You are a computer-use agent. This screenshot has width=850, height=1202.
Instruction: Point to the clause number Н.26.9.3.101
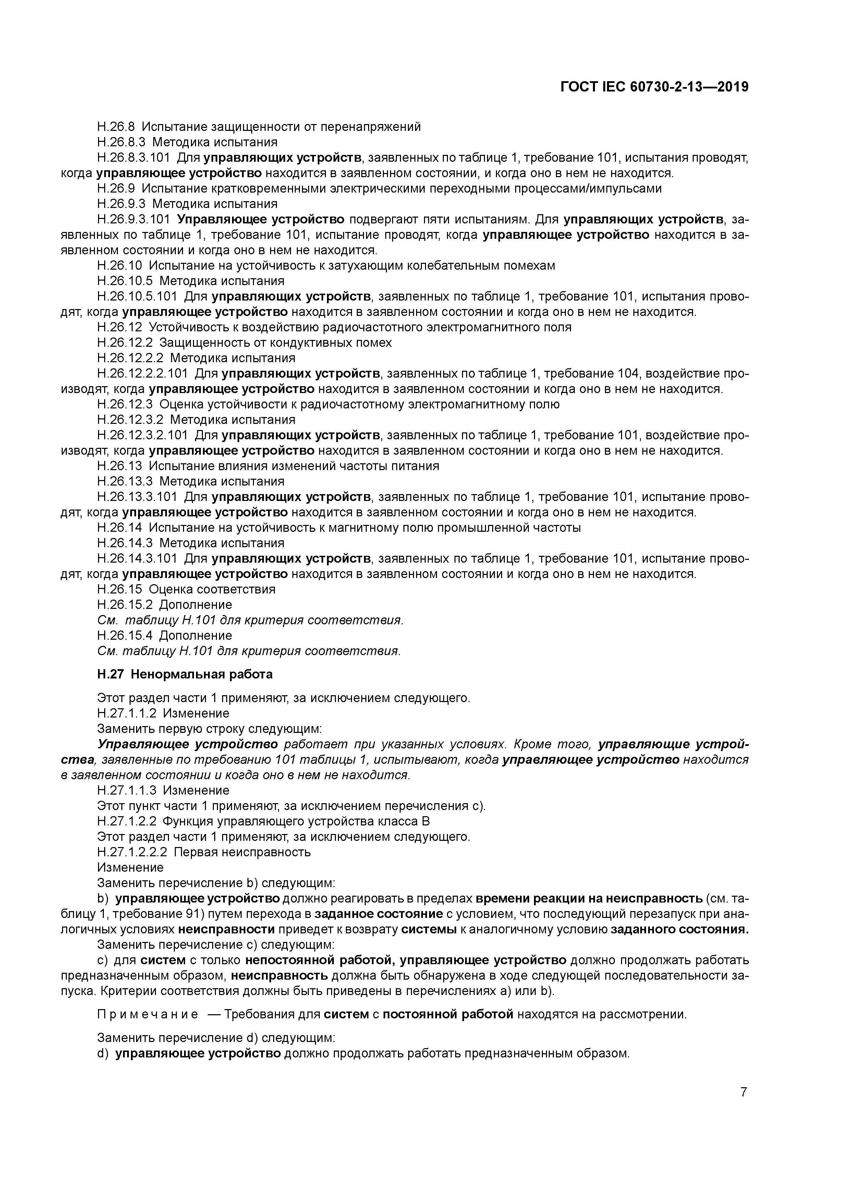coord(134,219)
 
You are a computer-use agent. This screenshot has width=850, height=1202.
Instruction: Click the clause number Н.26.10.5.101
coord(137,296)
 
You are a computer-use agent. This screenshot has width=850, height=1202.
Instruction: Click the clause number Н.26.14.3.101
coord(137,559)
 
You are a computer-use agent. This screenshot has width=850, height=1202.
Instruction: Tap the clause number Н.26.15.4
coord(125,636)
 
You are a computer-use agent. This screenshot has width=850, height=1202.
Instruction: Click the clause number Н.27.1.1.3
coord(127,790)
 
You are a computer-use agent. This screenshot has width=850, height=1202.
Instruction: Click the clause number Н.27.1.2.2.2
coord(132,852)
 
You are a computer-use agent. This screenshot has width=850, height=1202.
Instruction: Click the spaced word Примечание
coord(148,1015)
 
